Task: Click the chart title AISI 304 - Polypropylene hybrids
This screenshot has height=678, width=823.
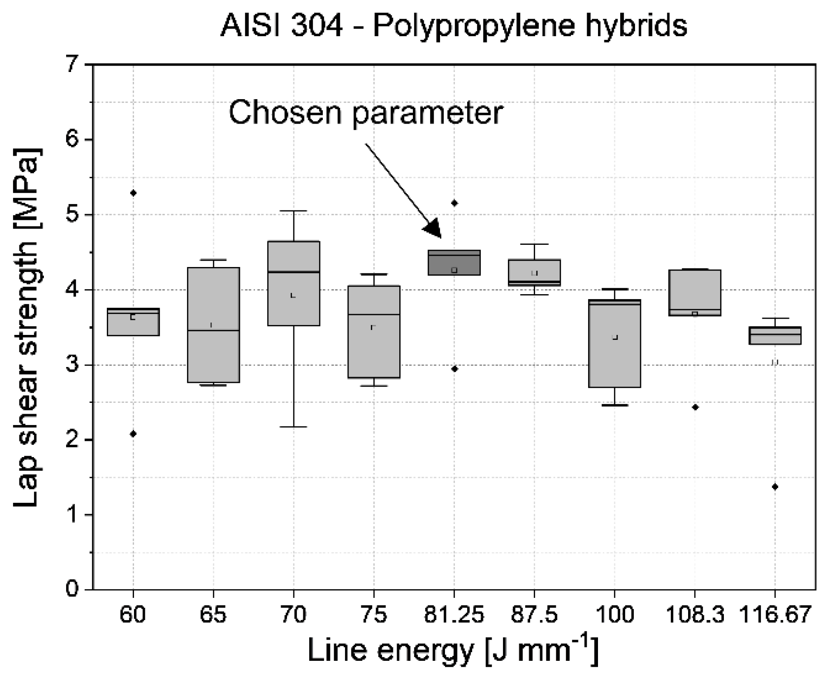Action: click(454, 26)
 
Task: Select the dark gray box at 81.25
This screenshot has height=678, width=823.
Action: click(454, 263)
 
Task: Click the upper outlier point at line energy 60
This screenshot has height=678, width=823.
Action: click(133, 193)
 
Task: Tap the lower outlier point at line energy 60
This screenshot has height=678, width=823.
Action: click(133, 434)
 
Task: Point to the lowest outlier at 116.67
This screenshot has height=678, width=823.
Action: click(775, 487)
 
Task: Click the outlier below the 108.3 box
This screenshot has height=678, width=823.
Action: click(695, 407)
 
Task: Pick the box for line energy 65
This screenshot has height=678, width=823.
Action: click(213, 325)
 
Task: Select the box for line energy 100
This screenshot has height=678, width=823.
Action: click(614, 343)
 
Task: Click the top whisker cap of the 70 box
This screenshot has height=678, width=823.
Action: click(294, 211)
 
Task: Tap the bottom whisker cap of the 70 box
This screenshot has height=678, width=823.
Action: click(294, 426)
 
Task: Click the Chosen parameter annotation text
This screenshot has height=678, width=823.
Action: click(366, 113)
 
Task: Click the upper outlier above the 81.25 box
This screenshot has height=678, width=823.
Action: click(455, 203)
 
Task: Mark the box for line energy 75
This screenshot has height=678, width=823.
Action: click(374, 331)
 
